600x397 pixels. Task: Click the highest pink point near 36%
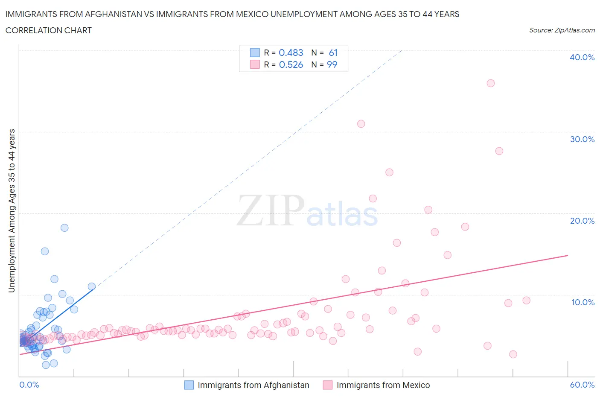pos(490,83)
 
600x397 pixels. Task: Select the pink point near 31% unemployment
pos(361,124)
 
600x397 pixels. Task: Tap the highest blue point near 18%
pos(64,228)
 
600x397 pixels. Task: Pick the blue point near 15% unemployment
pos(45,251)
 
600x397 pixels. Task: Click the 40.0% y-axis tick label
pos(582,57)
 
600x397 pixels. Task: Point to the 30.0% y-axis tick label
pos(582,139)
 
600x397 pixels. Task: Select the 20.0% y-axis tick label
pos(582,221)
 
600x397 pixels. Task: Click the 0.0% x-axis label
pos(29,385)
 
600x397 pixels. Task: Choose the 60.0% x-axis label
pos(582,385)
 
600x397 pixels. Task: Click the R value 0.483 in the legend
pos(291,53)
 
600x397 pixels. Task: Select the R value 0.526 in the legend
pos(291,64)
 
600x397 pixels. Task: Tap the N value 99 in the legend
pos(332,64)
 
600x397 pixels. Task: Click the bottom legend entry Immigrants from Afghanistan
pos(253,385)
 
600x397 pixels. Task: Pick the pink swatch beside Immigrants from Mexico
pos(327,385)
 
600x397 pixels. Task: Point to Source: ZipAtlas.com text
pos(562,30)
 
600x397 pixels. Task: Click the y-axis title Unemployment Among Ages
pos(12,210)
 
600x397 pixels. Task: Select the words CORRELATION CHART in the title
pos(48,30)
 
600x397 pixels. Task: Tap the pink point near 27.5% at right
pos(499,151)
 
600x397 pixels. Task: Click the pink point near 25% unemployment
pos(389,172)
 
